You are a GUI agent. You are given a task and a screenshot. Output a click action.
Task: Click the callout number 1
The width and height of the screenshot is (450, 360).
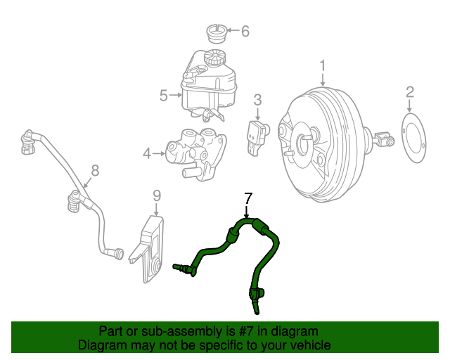[x=323, y=65]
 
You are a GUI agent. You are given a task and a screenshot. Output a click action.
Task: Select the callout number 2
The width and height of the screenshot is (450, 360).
[x=410, y=91]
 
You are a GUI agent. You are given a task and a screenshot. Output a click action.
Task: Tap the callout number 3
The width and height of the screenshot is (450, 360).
[x=257, y=99]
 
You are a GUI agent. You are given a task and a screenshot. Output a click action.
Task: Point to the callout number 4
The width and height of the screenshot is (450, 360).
[x=147, y=152]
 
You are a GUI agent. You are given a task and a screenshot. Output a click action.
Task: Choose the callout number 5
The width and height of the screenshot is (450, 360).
[x=163, y=95]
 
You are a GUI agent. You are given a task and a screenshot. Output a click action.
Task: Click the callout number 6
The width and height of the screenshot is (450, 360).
[x=245, y=31]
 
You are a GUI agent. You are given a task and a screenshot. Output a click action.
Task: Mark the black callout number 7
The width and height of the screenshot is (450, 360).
[x=247, y=198]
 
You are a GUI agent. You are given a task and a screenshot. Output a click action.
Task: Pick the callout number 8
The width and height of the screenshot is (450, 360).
[x=96, y=169]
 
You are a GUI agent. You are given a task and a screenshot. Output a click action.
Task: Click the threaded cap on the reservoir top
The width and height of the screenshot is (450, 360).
[x=214, y=57]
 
